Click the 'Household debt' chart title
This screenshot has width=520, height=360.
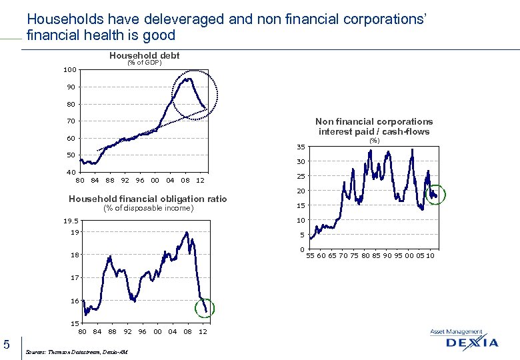pyautogui.click(x=144, y=56)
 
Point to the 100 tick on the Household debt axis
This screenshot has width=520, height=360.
pyautogui.click(x=69, y=70)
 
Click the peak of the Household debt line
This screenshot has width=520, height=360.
pyautogui.click(x=189, y=79)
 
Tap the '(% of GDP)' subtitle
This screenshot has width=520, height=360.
pyautogui.click(x=144, y=64)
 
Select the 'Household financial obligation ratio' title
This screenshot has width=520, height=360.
pyautogui.click(x=147, y=199)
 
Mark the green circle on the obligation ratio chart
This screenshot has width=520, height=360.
pyautogui.click(x=205, y=307)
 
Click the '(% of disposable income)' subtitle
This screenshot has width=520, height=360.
pyautogui.click(x=147, y=208)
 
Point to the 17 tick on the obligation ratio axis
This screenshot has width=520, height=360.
pyautogui.click(x=74, y=278)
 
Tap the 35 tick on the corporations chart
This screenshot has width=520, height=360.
pyautogui.click(x=301, y=147)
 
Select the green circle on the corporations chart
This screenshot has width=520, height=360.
pyautogui.click(x=435, y=195)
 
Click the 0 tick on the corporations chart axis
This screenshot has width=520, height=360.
pyautogui.click(x=303, y=250)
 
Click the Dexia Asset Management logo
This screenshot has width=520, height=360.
pyautogui.click(x=463, y=340)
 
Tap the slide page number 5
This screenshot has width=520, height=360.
pyautogui.click(x=7, y=344)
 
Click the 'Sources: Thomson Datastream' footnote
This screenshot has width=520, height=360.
pyautogui.click(x=76, y=352)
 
